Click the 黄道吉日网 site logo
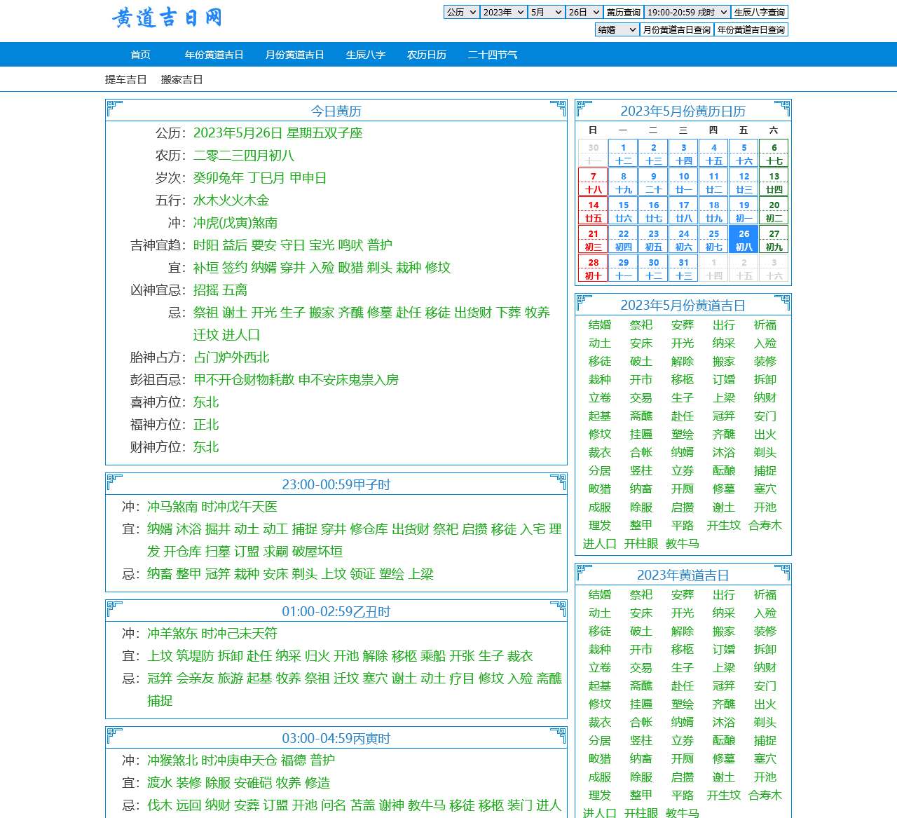coord(167,18)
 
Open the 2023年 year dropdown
coord(504,12)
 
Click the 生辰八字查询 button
coord(760,12)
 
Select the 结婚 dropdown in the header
coord(617,29)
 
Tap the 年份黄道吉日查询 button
coord(751,29)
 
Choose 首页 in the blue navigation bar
coord(140,55)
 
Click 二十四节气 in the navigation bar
coord(492,55)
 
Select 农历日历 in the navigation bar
coord(426,55)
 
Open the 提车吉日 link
coord(125,79)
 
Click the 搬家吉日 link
coord(182,79)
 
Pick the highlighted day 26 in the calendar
coord(744,240)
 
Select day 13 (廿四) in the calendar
coord(774,182)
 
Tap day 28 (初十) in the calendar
coord(593,268)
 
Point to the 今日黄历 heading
coord(336,111)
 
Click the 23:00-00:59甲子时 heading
coord(336,484)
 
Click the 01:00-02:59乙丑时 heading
coord(336,611)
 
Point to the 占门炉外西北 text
coord(231,357)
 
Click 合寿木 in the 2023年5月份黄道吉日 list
coord(765,525)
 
